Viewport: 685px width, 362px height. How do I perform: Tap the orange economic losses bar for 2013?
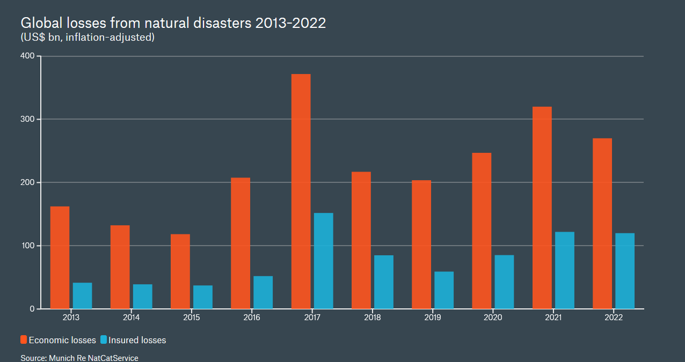tap(60, 257)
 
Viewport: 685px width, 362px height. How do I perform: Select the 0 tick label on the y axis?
tap(32, 309)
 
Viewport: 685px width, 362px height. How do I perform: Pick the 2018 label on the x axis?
tap(372, 317)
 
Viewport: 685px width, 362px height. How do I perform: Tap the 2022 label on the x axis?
tap(613, 317)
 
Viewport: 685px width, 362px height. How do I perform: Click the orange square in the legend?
tap(24, 340)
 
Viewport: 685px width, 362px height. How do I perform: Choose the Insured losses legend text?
tap(137, 340)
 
